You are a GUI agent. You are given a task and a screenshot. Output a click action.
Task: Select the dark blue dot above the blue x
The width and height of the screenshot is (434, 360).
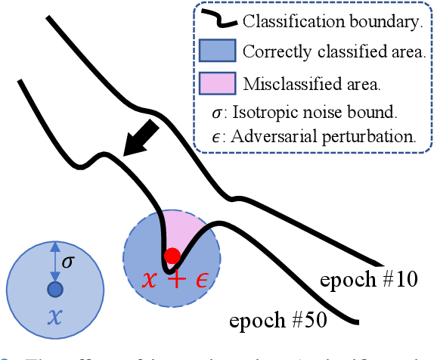[x=54, y=290]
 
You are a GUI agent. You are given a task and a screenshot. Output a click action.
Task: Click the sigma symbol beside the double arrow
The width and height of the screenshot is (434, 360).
[x=68, y=263]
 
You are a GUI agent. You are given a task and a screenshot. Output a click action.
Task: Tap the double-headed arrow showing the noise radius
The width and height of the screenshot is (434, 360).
[x=54, y=263]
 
